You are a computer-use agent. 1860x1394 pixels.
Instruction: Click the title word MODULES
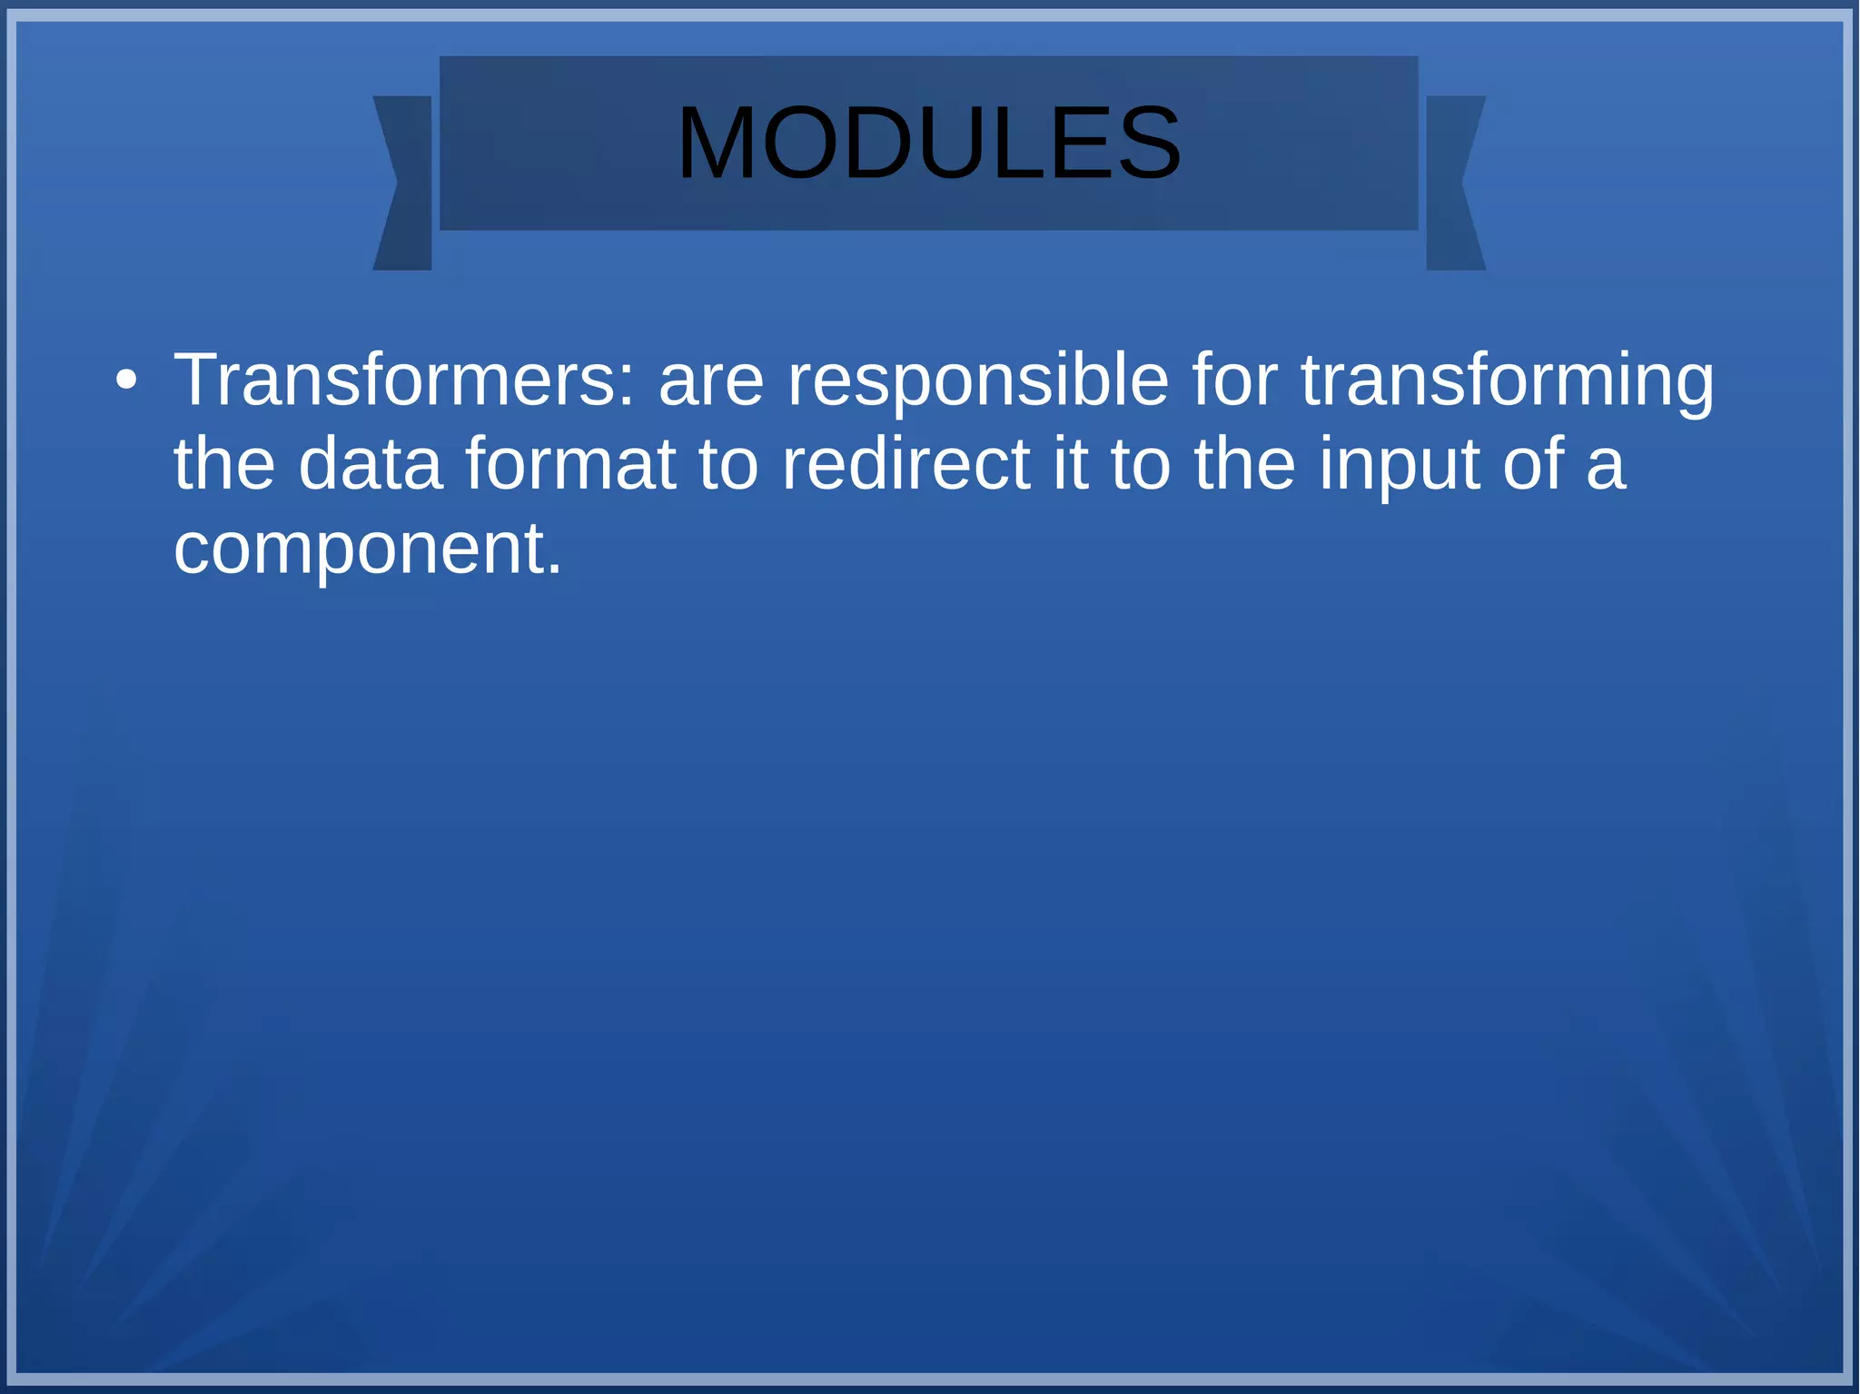pyautogui.click(x=928, y=143)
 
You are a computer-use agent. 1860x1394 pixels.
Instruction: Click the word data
pyautogui.click(x=371, y=464)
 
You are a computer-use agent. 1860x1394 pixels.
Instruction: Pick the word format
pyautogui.click(x=570, y=464)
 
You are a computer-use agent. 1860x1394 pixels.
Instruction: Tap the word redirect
pyautogui.click(x=905, y=464)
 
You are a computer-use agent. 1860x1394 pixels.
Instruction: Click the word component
pyautogui.click(x=360, y=551)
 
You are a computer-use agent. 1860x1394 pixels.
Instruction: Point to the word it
pyautogui.click(x=1070, y=464)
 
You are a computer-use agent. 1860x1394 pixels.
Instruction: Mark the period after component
pyautogui.click(x=555, y=570)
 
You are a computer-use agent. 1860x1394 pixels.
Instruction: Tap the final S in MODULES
pyautogui.click(x=1149, y=143)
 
